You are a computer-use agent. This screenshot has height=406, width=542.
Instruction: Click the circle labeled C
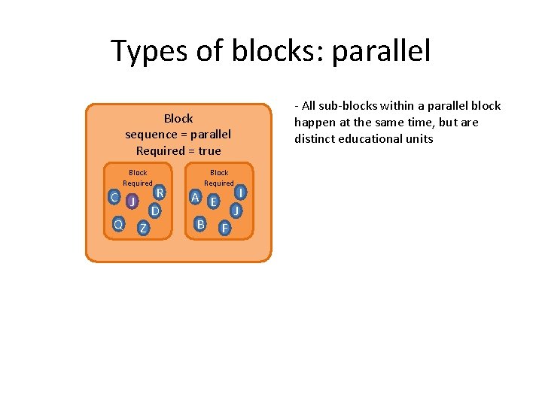[114, 197]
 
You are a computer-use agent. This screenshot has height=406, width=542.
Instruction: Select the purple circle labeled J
[132, 201]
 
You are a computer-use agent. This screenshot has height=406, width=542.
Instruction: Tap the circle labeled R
[160, 193]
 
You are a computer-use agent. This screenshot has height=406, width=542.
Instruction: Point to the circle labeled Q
[118, 224]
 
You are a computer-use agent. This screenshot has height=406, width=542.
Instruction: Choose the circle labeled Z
[143, 228]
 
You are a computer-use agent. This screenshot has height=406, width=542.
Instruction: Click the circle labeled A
[195, 197]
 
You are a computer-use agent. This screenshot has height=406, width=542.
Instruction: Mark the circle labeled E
[214, 201]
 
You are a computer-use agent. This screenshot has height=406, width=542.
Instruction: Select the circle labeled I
[239, 193]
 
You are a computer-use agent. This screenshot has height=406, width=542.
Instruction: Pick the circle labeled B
[200, 224]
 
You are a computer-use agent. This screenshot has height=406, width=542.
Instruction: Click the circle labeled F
[224, 228]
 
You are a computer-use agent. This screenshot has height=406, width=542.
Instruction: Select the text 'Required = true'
[178, 150]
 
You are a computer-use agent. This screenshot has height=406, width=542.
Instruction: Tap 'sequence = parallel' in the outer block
[178, 135]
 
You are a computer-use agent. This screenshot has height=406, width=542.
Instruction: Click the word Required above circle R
[138, 183]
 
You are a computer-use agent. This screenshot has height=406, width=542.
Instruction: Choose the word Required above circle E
[219, 183]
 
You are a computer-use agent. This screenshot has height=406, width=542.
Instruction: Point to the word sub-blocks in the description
[344, 106]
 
